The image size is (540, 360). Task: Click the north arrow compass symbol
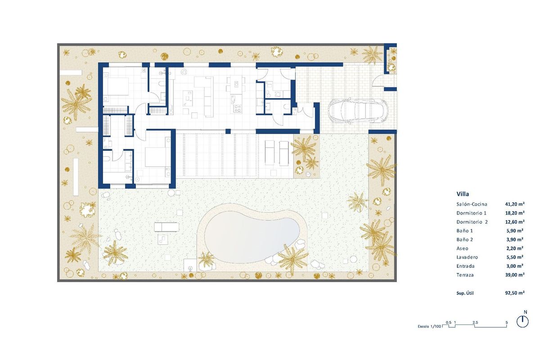click(x=522, y=321)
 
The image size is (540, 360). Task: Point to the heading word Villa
click(x=463, y=194)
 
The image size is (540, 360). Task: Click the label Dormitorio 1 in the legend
click(x=472, y=213)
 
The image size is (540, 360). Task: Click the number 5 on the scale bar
click(x=507, y=322)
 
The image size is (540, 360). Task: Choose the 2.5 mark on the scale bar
click(x=475, y=322)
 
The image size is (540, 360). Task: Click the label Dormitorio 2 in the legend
click(x=472, y=222)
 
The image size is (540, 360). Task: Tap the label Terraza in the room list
click(x=465, y=274)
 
